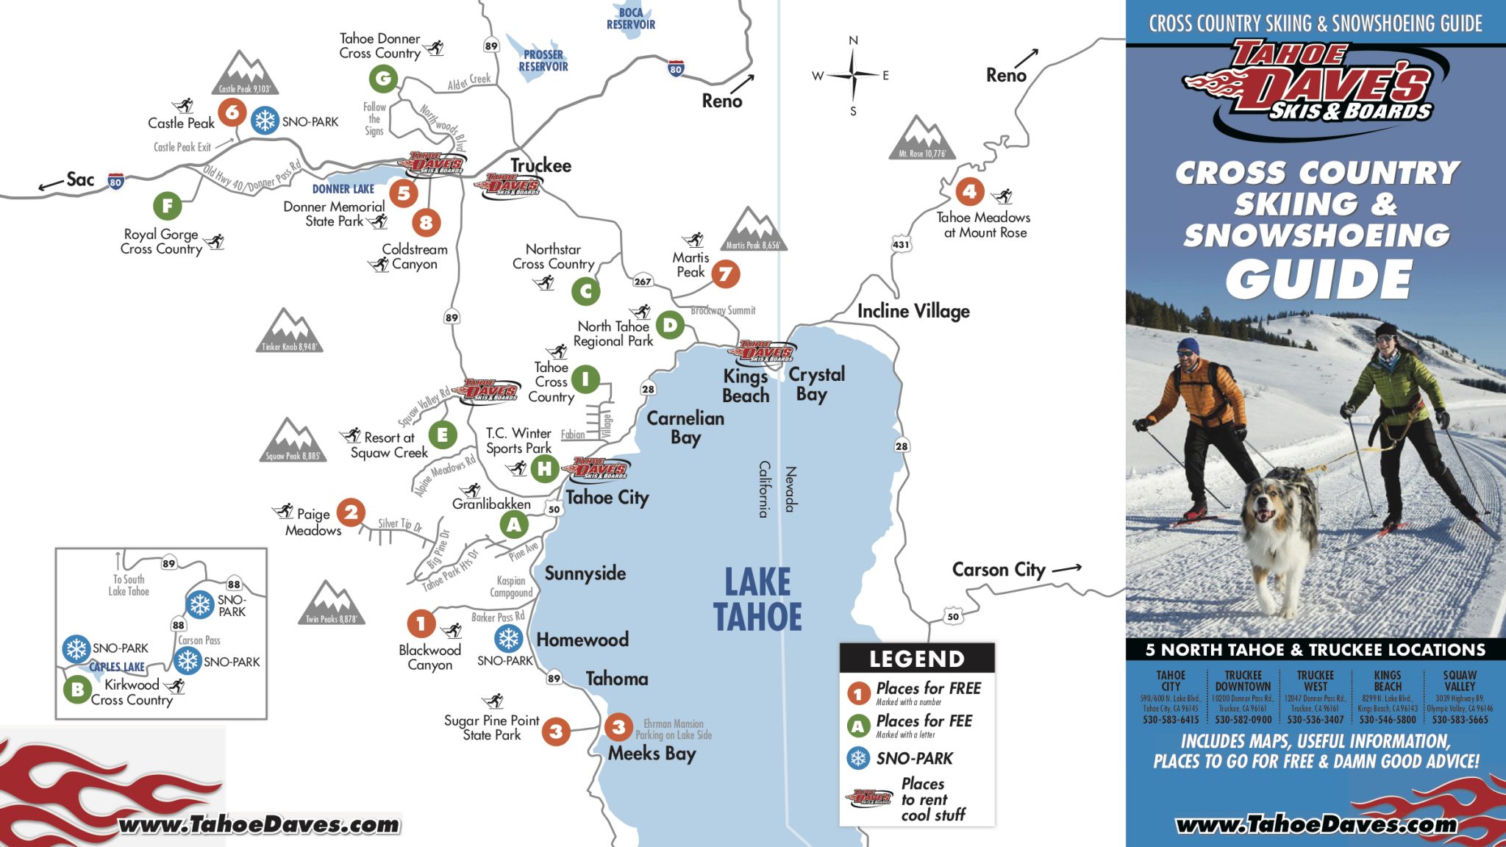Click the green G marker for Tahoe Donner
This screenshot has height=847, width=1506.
[383, 77]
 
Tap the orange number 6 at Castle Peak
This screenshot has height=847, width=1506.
[232, 112]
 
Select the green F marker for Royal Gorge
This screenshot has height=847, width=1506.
[168, 206]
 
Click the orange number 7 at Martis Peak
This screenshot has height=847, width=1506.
[725, 274]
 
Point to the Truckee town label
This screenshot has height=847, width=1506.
[540, 165]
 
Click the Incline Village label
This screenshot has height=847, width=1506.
[913, 311]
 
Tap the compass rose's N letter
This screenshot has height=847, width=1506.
[853, 40]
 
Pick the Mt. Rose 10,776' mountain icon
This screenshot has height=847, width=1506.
[921, 137]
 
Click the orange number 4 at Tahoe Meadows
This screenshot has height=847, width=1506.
[970, 192]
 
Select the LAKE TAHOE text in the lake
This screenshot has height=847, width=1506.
[757, 598]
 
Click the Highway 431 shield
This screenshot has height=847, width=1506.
[901, 245]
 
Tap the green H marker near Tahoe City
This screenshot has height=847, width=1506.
[545, 468]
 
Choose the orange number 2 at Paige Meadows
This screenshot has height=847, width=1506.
[351, 512]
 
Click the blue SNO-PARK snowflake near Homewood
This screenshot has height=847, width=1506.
[508, 638]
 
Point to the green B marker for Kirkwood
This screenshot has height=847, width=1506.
[77, 690]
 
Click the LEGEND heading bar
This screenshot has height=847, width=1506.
[916, 658]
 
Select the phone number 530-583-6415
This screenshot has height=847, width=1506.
[1171, 720]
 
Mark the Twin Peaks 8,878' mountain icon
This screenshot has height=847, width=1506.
[331, 603]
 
